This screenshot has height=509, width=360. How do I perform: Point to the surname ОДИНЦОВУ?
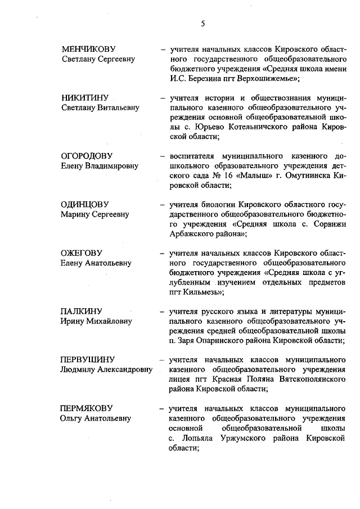(85, 204)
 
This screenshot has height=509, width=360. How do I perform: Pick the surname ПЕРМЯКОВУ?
(87, 408)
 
